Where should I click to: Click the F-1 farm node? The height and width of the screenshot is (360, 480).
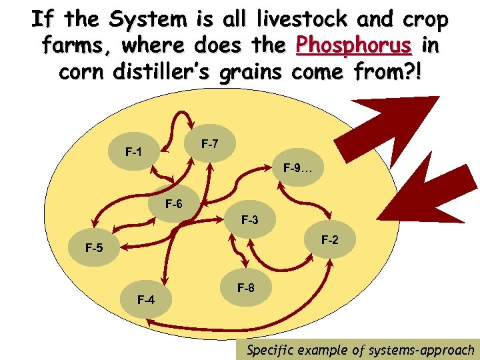[133, 152]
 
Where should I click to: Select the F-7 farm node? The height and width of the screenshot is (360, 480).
[209, 144]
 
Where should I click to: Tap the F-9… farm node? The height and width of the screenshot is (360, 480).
[297, 168]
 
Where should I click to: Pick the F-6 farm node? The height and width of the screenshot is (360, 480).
[173, 204]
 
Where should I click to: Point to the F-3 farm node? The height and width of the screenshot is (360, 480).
[249, 219]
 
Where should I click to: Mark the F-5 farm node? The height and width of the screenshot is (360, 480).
[94, 249]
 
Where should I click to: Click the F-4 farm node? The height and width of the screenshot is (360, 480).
[146, 299]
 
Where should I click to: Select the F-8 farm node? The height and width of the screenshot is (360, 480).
[245, 288]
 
